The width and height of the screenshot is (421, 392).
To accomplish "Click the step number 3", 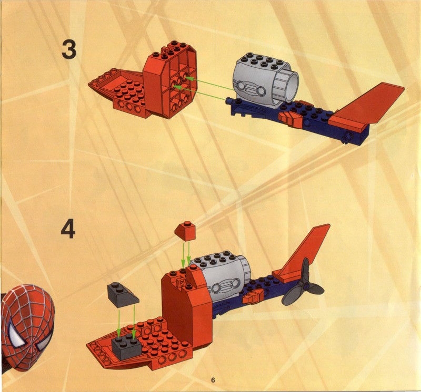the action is coord(69,49).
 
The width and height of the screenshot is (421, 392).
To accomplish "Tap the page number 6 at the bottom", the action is coord(213,380).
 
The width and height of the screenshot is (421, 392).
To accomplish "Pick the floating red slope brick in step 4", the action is coord(185,231).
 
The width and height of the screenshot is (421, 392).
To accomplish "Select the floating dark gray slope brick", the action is coord(123,295).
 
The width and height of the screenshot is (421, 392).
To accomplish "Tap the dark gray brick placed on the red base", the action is coord(127,348).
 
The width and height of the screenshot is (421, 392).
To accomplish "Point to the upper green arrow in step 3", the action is coord(210,84).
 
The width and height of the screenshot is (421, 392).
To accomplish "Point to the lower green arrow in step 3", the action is coord(200,93).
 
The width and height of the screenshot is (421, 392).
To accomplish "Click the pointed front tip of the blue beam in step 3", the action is coord(228,101).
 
